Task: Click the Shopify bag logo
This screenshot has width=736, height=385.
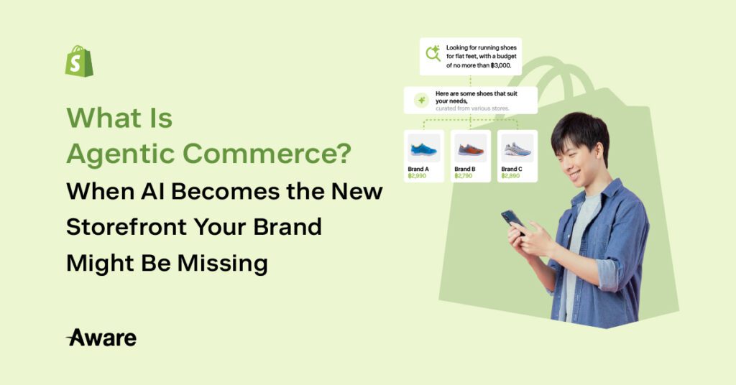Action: pos(79,61)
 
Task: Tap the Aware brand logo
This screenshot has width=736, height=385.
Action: pos(101,338)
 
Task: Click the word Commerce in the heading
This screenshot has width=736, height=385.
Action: pos(267,153)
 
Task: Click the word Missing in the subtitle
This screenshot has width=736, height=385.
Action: pos(223,264)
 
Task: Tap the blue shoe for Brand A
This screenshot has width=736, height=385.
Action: pos(423,149)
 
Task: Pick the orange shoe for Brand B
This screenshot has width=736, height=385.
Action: pos(470,149)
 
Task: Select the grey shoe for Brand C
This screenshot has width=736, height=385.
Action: pos(517,149)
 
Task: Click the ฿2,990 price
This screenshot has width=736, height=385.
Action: pos(417,176)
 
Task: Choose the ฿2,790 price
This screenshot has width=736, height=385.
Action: pos(464,176)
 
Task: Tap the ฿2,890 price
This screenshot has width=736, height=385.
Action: pos(510,176)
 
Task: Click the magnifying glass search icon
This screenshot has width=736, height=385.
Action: pos(433,53)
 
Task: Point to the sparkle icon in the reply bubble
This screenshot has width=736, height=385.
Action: pos(421,101)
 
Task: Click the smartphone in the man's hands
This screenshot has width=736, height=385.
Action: pos(512,221)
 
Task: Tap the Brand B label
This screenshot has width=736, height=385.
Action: pos(465,169)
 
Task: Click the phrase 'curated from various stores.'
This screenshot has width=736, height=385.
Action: pos(472,108)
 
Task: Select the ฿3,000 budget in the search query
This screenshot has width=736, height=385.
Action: pos(500,65)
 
